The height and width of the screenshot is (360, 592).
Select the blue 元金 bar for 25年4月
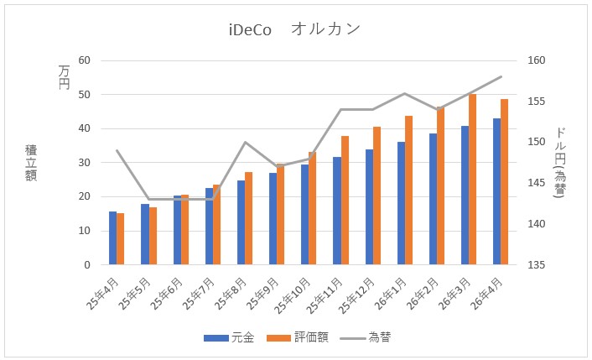click(x=113, y=238)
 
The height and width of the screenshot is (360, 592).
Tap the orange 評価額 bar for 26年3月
click(x=473, y=180)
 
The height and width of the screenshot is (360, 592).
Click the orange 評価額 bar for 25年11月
click(x=345, y=201)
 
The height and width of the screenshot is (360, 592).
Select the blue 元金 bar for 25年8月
click(x=241, y=222)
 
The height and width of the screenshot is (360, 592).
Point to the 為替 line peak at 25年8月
click(x=245, y=142)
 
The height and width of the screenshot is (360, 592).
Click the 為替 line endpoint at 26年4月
click(x=501, y=76)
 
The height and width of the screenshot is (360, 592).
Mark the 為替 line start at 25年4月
click(x=117, y=150)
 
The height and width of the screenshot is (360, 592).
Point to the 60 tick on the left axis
click(x=84, y=60)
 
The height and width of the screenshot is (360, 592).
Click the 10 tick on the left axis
click(x=84, y=231)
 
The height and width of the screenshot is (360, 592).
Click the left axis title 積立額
click(x=31, y=162)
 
